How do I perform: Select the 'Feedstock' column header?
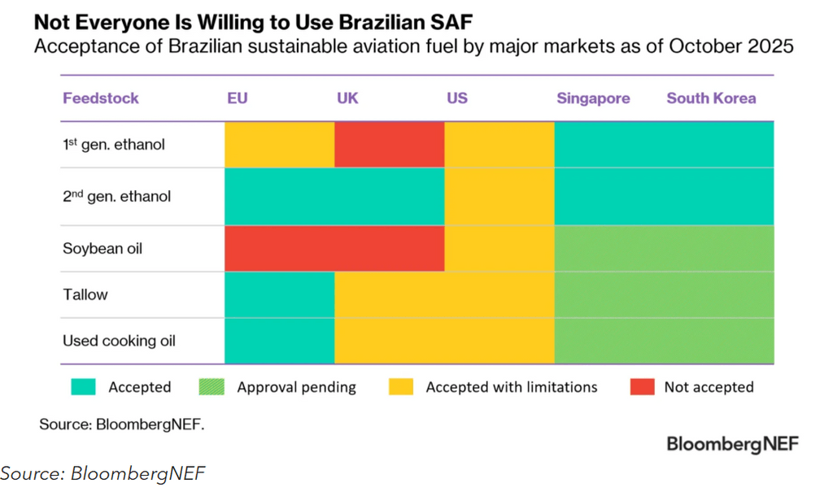click(101, 98)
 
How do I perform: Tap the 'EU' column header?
click(238, 98)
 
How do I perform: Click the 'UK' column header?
click(347, 98)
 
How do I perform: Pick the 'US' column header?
click(457, 98)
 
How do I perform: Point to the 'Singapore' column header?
click(593, 98)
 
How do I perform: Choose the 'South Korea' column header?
click(711, 98)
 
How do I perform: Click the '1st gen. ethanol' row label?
click(114, 145)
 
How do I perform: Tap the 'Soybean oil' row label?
click(102, 248)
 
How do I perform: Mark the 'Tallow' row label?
click(85, 294)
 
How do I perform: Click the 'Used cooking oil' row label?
click(119, 341)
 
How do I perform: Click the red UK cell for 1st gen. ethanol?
click(390, 145)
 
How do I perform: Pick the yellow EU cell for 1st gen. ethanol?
click(279, 145)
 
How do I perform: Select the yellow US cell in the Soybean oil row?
click(499, 248)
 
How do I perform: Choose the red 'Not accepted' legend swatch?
click(641, 387)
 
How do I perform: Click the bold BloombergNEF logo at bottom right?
click(732, 444)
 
